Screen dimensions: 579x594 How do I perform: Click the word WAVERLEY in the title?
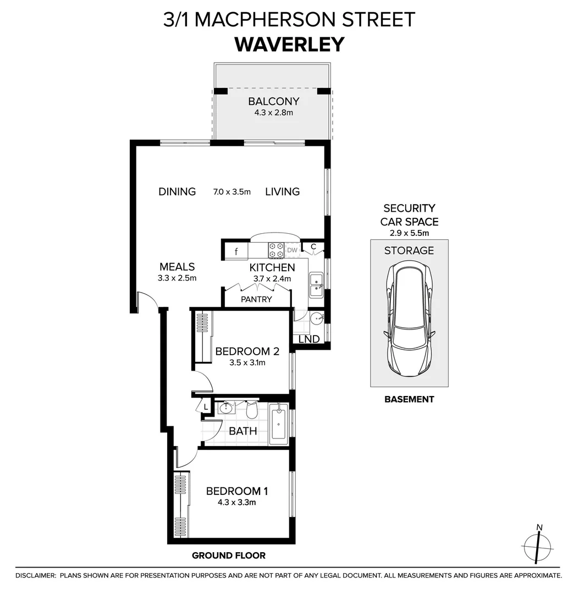click(x=290, y=45)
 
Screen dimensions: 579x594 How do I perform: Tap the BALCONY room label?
click(x=274, y=102)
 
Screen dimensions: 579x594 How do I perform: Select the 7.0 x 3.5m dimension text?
click(x=231, y=192)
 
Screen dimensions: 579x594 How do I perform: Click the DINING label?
click(x=177, y=192)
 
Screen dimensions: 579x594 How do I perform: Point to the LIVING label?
click(x=283, y=192)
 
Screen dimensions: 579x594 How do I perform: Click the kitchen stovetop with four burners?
click(x=277, y=250)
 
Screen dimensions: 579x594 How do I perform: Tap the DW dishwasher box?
click(x=292, y=250)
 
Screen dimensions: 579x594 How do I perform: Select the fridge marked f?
click(x=236, y=251)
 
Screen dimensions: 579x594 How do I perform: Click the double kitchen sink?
click(x=316, y=285)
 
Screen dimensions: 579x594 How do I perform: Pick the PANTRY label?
click(x=256, y=299)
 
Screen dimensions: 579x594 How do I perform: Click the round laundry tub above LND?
click(x=316, y=318)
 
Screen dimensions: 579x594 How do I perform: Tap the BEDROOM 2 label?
click(x=247, y=351)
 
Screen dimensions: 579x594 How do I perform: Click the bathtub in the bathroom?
click(x=279, y=424)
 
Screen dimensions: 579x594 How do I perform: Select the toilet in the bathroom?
click(x=252, y=410)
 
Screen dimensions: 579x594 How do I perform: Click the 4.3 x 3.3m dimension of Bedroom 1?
click(x=236, y=503)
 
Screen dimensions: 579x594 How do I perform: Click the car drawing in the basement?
click(x=409, y=318)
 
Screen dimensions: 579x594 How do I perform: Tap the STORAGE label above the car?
click(x=409, y=250)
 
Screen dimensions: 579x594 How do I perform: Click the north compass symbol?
click(x=537, y=546)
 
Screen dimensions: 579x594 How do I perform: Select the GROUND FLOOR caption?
click(x=229, y=555)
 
